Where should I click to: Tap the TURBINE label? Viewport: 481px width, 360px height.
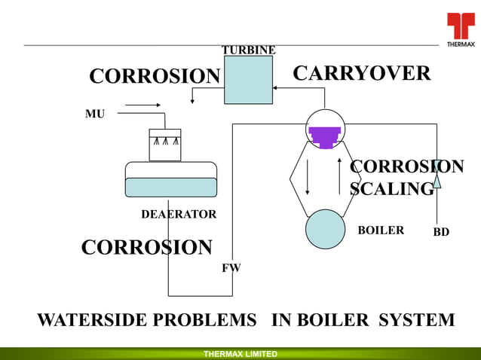(x=248, y=50)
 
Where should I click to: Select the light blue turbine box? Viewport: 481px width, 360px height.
(x=248, y=80)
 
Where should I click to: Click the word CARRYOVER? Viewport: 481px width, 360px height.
(x=361, y=74)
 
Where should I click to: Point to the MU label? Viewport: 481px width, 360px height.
(x=95, y=114)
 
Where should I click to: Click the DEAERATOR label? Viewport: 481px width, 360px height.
(x=179, y=215)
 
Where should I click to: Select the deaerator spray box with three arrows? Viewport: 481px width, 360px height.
(x=165, y=145)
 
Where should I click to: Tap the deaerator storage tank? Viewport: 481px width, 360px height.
(x=170, y=180)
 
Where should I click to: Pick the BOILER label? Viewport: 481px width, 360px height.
(x=381, y=230)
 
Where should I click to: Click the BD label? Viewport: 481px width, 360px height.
(x=441, y=232)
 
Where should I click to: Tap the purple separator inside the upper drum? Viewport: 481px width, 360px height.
(x=325, y=136)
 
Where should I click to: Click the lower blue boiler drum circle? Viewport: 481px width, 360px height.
(x=325, y=229)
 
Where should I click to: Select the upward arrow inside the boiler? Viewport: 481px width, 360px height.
(x=340, y=177)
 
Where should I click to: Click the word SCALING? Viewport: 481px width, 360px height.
(x=392, y=188)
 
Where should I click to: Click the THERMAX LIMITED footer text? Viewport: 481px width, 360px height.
(x=240, y=354)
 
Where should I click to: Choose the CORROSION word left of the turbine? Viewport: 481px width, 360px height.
(x=155, y=77)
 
